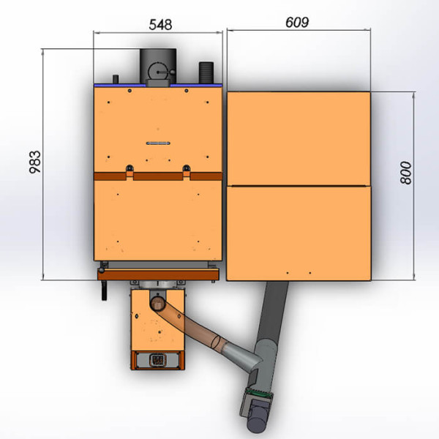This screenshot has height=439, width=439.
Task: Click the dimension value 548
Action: pos(160,25)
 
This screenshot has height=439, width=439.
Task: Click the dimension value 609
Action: pos(297,23)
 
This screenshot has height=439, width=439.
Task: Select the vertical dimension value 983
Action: pos(35,162)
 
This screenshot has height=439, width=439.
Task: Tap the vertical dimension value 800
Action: pos(406,173)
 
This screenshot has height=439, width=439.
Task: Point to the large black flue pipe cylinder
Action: pos(158,66)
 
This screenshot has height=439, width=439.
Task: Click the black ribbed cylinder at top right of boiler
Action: pos(206,72)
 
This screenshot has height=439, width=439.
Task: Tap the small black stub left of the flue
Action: pos(116,79)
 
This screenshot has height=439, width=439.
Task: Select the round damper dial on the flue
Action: pos(157,72)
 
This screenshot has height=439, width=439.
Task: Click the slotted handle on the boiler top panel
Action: pos(158,143)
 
